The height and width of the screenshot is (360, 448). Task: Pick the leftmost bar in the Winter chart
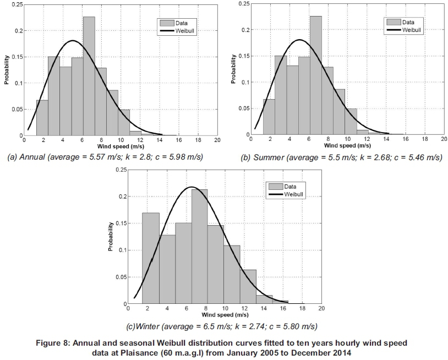(151, 258)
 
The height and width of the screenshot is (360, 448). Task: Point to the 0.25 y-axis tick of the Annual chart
(16, 4)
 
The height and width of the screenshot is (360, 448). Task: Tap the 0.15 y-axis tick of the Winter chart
(119, 223)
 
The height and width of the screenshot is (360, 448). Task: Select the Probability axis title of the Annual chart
(7, 70)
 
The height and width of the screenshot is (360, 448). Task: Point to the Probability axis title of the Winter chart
(110, 237)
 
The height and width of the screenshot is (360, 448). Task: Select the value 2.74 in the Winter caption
(242, 326)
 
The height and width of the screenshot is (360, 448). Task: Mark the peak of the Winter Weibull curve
(192, 187)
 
